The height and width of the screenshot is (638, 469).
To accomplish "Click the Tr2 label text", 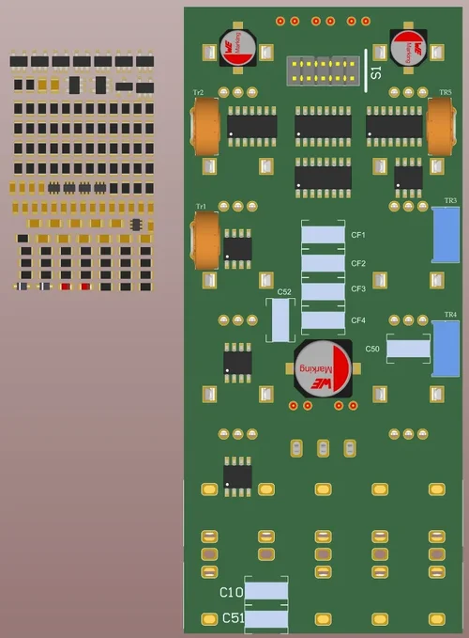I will point(199,92).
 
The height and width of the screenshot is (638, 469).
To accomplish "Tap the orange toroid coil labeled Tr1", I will point(206,240).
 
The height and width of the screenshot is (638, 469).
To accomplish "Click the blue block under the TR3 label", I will point(446,235).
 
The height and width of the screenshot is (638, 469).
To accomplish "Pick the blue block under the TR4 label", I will point(446,348).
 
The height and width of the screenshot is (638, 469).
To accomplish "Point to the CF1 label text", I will point(358,235).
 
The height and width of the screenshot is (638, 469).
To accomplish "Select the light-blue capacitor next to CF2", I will point(324,263).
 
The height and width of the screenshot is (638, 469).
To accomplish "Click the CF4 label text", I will point(358,320).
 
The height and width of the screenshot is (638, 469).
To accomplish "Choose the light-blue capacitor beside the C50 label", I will point(408,349).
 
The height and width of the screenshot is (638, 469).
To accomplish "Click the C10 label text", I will point(231,593).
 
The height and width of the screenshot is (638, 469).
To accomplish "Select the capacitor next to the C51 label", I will point(265,618).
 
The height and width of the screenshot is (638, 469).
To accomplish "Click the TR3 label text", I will point(450,201).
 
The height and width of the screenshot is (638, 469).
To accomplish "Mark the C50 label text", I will point(372,349).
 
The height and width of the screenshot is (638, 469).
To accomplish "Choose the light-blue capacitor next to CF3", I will point(324,291).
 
